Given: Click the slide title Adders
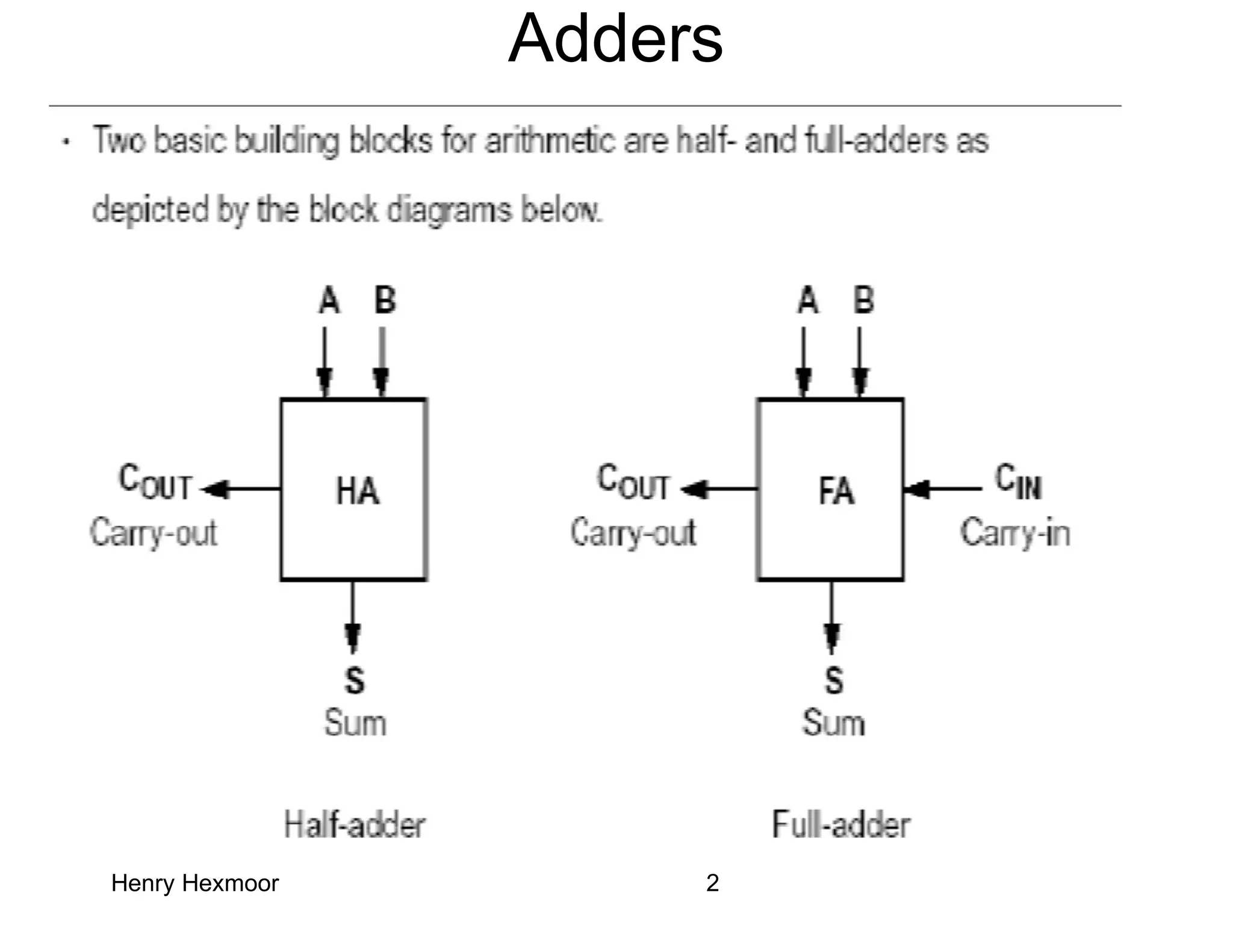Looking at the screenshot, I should click(x=615, y=39).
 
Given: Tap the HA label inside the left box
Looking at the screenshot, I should click(x=358, y=491).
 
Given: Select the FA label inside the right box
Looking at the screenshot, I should click(x=836, y=491).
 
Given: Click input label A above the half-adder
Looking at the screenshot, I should click(x=329, y=300).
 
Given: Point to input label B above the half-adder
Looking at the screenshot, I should click(x=385, y=300).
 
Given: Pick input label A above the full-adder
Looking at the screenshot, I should click(x=807, y=300).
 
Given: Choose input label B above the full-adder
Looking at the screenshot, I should click(x=863, y=300).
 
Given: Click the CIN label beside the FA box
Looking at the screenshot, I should click(x=1017, y=482).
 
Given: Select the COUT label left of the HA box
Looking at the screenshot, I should click(x=155, y=482).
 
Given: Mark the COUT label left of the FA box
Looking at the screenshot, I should click(x=633, y=482).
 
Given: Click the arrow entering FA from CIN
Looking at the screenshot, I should click(x=942, y=490).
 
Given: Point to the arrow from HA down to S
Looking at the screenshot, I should click(x=353, y=617).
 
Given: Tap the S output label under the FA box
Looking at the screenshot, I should click(x=833, y=681).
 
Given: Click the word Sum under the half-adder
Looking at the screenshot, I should click(x=355, y=723).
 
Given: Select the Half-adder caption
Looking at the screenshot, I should click(x=355, y=825).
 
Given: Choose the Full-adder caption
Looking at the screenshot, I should click(x=840, y=825).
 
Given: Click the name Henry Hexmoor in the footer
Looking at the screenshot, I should click(x=195, y=883).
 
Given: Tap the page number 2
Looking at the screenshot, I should click(x=712, y=883).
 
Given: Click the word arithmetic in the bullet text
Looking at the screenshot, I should click(x=551, y=141).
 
